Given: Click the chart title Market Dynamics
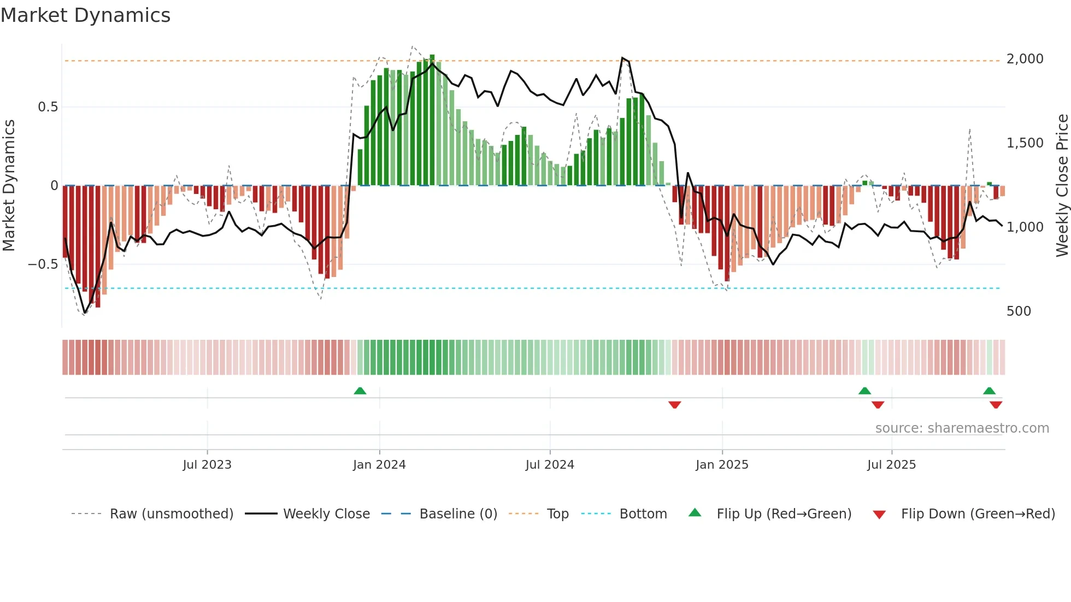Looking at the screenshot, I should [85, 15].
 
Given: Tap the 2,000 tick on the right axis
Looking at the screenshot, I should [1025, 59].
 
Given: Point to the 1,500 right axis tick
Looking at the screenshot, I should [1025, 143].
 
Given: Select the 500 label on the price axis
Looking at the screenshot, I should [1019, 311].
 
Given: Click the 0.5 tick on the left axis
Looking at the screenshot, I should [48, 107].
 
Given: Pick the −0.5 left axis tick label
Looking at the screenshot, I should [43, 264].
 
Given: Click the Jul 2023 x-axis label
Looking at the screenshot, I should [207, 465].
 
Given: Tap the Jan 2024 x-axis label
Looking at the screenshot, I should [379, 465].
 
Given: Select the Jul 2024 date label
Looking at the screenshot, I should [550, 465].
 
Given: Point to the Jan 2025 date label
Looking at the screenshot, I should [722, 465].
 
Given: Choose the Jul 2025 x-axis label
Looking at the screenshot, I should [891, 465].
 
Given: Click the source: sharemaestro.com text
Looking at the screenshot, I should [962, 428].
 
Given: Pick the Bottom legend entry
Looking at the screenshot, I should [643, 514].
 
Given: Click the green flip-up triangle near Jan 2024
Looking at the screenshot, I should [360, 391].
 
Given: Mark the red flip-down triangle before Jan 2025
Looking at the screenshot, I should [674, 405].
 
